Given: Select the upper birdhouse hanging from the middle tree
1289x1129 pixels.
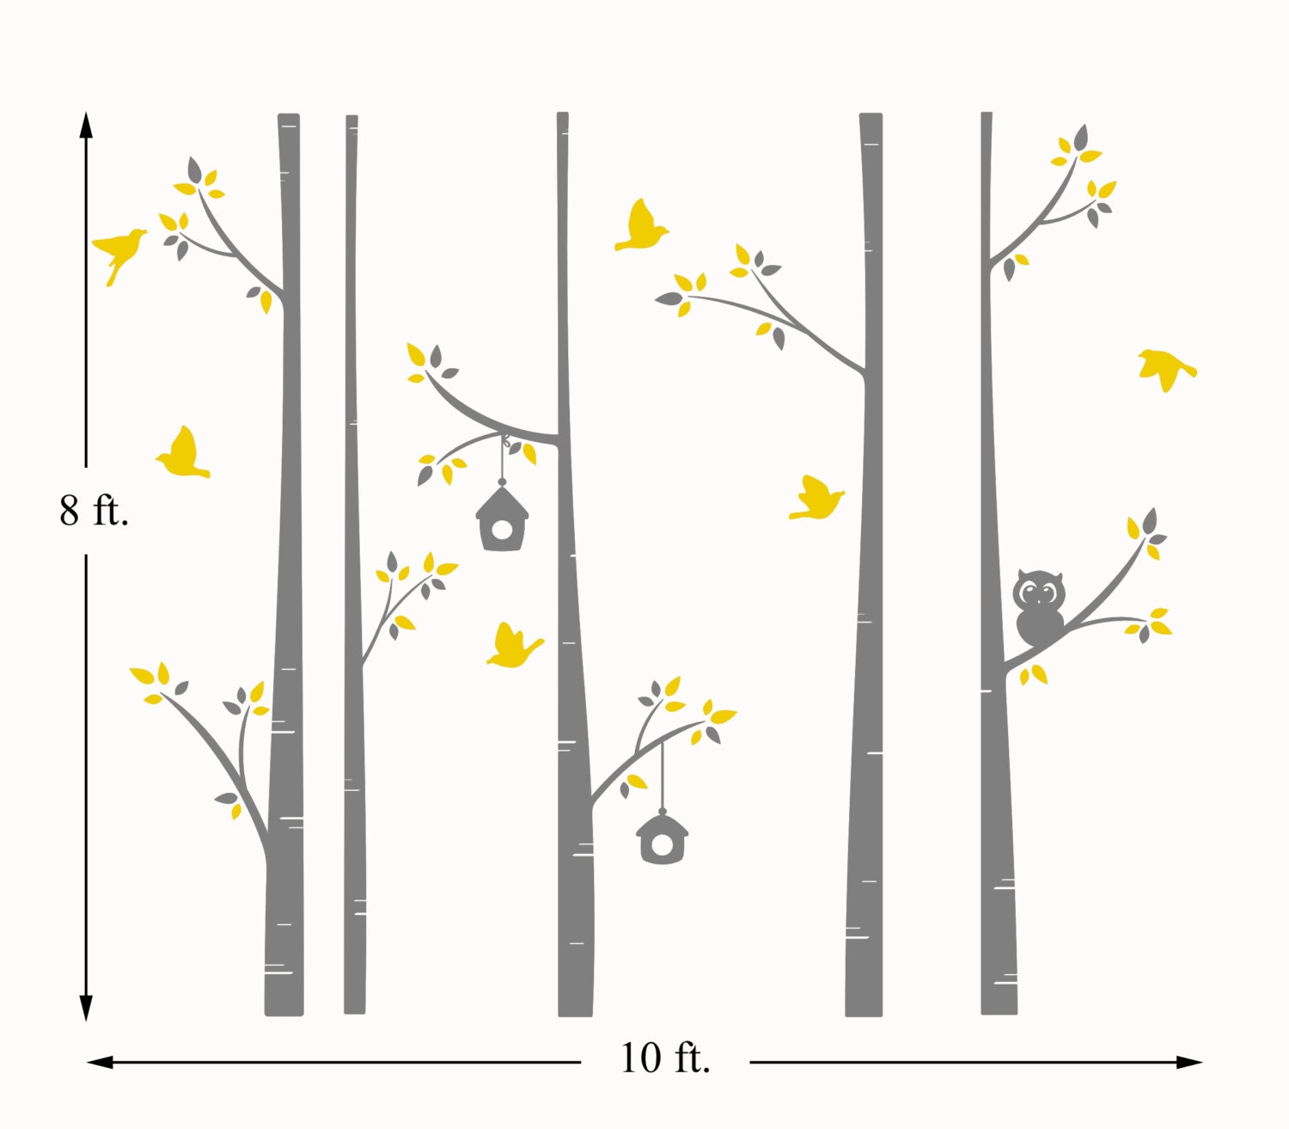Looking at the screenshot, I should pyautogui.click(x=503, y=518).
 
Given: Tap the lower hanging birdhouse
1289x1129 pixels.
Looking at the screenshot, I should pyautogui.click(x=662, y=838).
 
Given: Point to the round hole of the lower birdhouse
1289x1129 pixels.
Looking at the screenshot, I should pyautogui.click(x=662, y=846).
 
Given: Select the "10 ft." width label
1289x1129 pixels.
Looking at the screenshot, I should pyautogui.click(x=664, y=1058).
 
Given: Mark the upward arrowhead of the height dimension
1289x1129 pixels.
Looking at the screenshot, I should pyautogui.click(x=86, y=126).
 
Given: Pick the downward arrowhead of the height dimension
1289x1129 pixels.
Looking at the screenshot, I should pyautogui.click(x=86, y=1008).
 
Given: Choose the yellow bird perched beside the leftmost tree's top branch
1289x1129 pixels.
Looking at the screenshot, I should pyautogui.click(x=119, y=250).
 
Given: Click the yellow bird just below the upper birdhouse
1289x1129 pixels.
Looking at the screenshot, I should pyautogui.click(x=513, y=646).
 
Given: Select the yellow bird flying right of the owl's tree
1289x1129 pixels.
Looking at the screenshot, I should pyautogui.click(x=1166, y=368).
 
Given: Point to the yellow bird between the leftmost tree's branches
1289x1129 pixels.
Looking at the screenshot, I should pyautogui.click(x=183, y=455).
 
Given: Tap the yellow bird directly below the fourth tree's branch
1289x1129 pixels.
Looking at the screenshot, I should pyautogui.click(x=816, y=499).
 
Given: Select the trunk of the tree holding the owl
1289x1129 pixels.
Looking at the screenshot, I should pyautogui.click(x=997, y=817).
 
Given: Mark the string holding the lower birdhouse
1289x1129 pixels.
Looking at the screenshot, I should pyautogui.click(x=663, y=774).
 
